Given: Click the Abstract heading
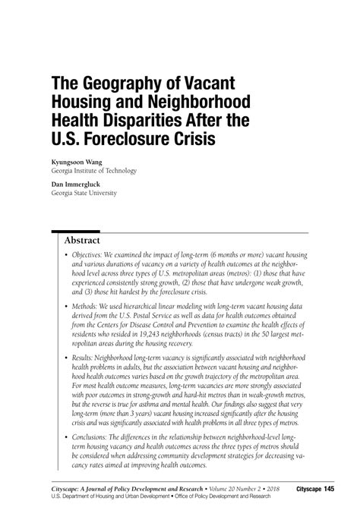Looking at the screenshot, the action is [88, 241].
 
